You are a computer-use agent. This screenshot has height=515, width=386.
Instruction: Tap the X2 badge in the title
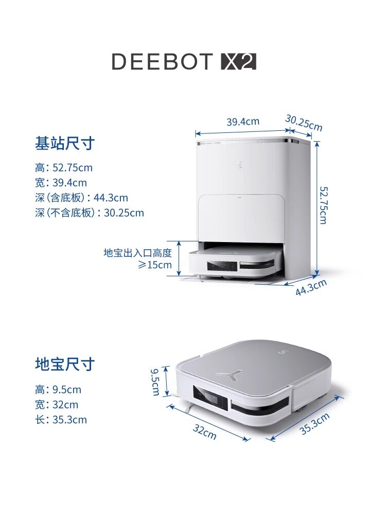click(238, 62)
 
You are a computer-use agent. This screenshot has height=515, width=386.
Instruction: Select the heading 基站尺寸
click(65, 143)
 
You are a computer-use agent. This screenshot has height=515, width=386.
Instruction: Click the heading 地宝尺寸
click(65, 364)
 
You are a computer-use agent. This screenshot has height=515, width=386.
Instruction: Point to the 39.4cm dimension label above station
click(243, 122)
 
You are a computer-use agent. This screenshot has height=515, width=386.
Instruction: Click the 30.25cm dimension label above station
click(304, 123)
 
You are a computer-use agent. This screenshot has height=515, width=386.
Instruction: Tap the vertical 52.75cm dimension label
click(323, 204)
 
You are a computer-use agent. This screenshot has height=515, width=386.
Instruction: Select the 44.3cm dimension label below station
click(311, 287)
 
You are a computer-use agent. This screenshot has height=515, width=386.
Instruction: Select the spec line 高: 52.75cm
click(64, 168)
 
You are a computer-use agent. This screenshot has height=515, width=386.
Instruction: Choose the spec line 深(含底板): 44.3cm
click(81, 198)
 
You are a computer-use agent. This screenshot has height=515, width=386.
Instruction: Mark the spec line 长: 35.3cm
click(61, 420)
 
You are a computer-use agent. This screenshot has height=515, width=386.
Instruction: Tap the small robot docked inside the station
click(235, 262)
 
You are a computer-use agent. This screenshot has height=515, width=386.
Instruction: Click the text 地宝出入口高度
click(137, 253)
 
